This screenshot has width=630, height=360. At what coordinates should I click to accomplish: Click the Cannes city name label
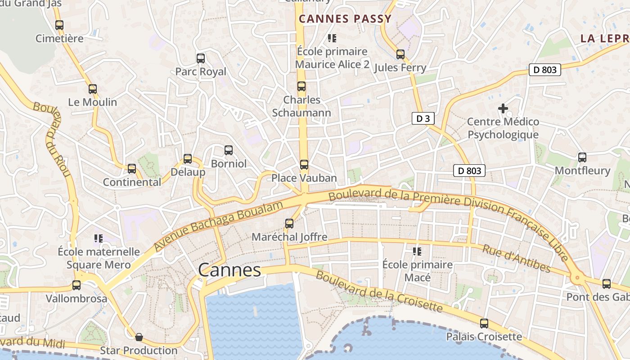click(x=229, y=270)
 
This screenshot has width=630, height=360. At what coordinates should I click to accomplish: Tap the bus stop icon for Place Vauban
click(x=304, y=165)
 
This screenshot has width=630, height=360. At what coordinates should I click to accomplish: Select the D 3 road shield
click(x=423, y=119)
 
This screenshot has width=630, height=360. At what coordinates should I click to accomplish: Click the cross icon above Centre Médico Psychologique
click(x=503, y=108)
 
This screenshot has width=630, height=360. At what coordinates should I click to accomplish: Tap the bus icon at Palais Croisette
click(x=484, y=323)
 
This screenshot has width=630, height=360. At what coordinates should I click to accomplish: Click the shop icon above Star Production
click(x=139, y=337)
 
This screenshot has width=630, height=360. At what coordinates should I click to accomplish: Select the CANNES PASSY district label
click(x=345, y=19)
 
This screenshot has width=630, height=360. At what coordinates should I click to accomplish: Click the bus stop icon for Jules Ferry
click(x=400, y=55)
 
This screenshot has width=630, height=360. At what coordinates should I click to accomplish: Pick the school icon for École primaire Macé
click(x=417, y=251)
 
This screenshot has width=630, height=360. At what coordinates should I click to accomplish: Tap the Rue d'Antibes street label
click(x=517, y=259)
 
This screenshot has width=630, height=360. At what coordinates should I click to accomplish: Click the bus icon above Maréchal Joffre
click(x=289, y=223)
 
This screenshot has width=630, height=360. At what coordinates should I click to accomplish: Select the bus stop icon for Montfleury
click(x=582, y=157)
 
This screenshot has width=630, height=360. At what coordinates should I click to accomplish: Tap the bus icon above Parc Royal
click(x=201, y=58)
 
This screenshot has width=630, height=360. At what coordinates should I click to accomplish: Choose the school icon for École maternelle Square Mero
click(x=99, y=238)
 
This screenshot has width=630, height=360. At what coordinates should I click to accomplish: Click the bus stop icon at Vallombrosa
click(x=76, y=285)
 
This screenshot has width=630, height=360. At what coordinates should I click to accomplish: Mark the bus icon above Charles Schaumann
click(x=301, y=86)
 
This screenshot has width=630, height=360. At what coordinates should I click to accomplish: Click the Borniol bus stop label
click(x=229, y=164)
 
